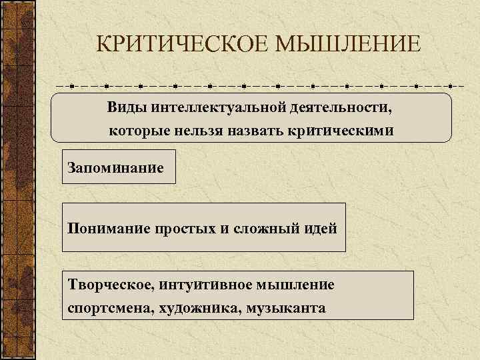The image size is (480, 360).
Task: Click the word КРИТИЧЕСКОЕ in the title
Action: click(176, 45)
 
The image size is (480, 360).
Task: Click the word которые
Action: click(140, 131)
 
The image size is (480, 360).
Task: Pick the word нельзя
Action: click(204, 131)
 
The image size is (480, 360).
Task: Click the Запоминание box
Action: click(118, 166)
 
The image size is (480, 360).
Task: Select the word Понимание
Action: click(108, 228)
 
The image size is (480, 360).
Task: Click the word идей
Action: click(319, 228)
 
